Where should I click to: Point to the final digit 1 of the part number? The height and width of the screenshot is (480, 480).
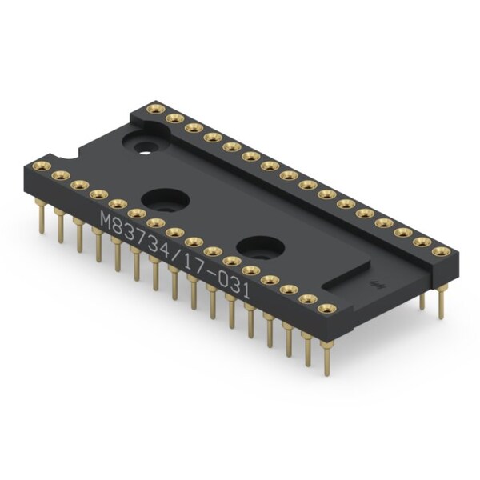tap(246, 290)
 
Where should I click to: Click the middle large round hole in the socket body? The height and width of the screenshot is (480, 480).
tap(166, 200)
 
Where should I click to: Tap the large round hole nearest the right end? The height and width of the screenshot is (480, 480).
tap(261, 248)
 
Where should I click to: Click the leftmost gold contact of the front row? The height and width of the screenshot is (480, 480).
tap(42, 166)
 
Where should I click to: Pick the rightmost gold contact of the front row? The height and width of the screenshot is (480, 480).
tap(327, 309)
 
